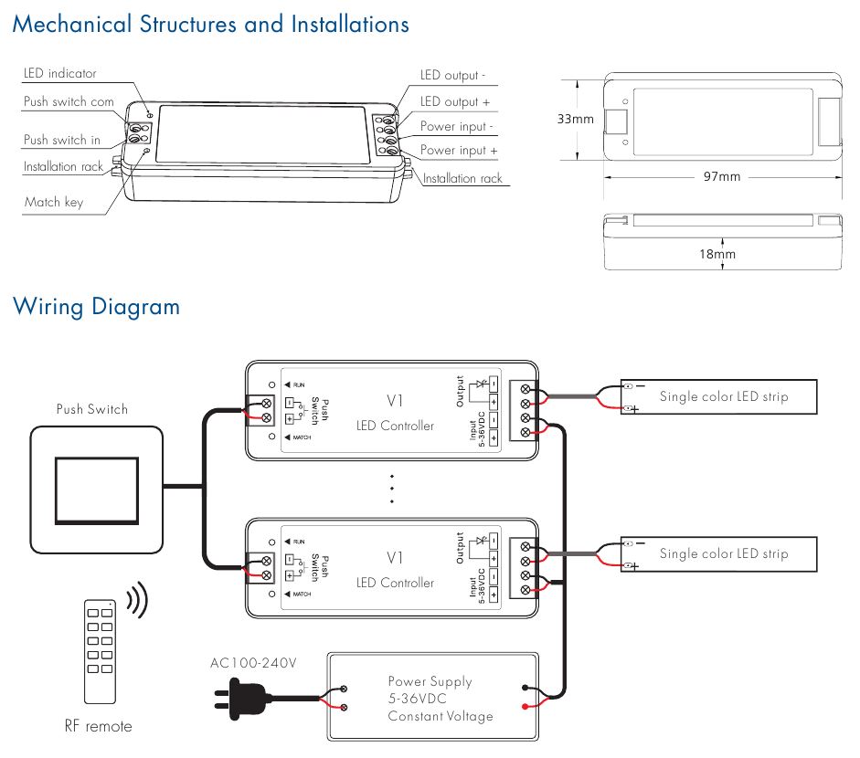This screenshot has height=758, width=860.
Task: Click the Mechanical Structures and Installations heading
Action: pyautogui.click(x=210, y=25)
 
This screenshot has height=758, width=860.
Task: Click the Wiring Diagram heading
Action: pyautogui.click(x=96, y=307)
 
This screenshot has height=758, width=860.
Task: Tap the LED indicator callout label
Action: pyautogui.click(x=59, y=73)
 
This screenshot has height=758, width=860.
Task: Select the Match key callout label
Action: pyautogui.click(x=53, y=202)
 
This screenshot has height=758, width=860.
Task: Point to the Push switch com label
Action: pyautogui.click(x=69, y=101)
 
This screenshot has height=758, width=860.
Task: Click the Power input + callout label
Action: pyautogui.click(x=459, y=150)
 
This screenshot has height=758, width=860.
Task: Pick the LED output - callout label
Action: pyautogui.click(x=452, y=76)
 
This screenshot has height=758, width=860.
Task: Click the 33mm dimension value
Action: pyautogui.click(x=575, y=119)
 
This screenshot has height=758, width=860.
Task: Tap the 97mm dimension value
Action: pyautogui.click(x=722, y=176)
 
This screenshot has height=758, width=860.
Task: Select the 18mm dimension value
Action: pyautogui.click(x=717, y=254)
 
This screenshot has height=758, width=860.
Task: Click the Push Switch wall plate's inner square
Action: pyautogui.click(x=96, y=490)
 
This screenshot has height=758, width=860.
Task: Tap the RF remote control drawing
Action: pyautogui.click(x=98, y=650)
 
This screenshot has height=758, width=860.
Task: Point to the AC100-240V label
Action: pyautogui.click(x=253, y=663)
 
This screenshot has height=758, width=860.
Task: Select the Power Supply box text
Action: pyautogui.click(x=430, y=699)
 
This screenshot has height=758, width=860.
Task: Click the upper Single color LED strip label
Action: pyautogui.click(x=723, y=396)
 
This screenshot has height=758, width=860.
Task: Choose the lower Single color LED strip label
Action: pyautogui.click(x=723, y=553)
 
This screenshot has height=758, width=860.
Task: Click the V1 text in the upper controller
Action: pyautogui.click(x=395, y=400)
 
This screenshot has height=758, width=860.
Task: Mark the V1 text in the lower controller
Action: pyautogui.click(x=395, y=557)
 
